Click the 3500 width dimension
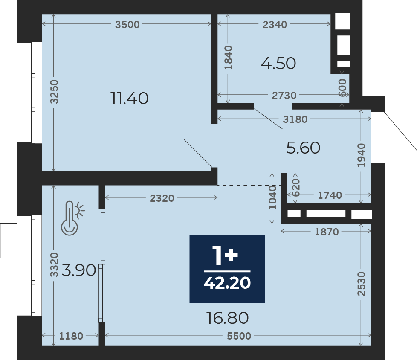coord(127,24)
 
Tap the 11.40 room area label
coord(129,98)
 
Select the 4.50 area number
coord(278,63)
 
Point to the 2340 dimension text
coord(275,24)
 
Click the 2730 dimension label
coord(284,95)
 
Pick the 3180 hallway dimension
coord(295,119)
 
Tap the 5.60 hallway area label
coord(303,148)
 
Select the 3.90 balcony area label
coord(79,270)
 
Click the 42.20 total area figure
coord(227,282)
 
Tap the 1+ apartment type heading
coord(225,255)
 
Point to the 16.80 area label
coord(227,318)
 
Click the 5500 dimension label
coord(239,336)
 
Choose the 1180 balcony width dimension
coord(71,336)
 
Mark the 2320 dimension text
coord(162,198)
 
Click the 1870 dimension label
coord(327,232)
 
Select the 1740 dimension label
coord(330,195)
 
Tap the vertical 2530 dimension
coord(362,284)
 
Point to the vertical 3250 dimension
coord(54,91)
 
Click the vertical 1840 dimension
coord(228,58)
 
